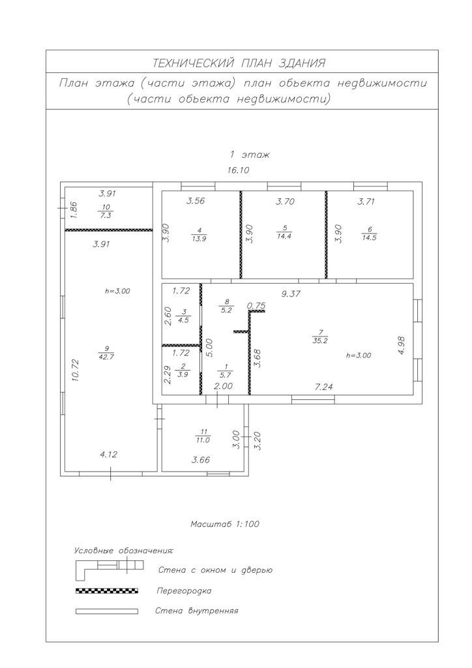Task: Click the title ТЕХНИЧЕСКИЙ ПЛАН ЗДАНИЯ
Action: click(239, 63)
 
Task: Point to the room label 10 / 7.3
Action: click(106, 211)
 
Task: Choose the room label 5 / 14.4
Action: click(285, 233)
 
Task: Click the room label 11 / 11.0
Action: click(203, 436)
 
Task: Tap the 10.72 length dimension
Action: click(76, 369)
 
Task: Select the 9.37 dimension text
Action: click(291, 294)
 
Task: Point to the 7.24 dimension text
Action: click(325, 387)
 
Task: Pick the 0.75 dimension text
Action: click(256, 305)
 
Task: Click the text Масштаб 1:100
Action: click(225, 524)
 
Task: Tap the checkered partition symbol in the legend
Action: click(107, 590)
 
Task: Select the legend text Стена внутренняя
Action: click(197, 611)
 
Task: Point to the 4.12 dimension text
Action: click(109, 454)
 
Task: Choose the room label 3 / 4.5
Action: click(184, 316)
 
